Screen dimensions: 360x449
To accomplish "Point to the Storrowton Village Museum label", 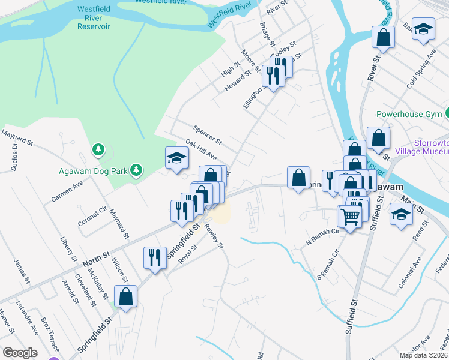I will click(x=431, y=148).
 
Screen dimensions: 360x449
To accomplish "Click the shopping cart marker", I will click(x=350, y=218).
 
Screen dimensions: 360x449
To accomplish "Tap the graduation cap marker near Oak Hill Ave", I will click(x=177, y=158).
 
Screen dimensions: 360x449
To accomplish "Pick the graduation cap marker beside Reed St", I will click(x=401, y=214).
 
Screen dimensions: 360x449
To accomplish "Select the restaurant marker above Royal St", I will click(x=155, y=258).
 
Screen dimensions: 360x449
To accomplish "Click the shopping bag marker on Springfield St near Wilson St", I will click(x=125, y=296).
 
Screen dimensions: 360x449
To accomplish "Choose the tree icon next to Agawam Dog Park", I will click(x=137, y=170).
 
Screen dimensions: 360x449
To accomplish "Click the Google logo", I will click(x=20, y=353).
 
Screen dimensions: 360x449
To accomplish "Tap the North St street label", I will click(x=96, y=259).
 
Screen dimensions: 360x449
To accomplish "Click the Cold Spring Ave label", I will click(x=420, y=69).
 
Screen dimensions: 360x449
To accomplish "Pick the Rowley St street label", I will click(x=214, y=238).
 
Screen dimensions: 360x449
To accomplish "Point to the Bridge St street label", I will click(x=267, y=35).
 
